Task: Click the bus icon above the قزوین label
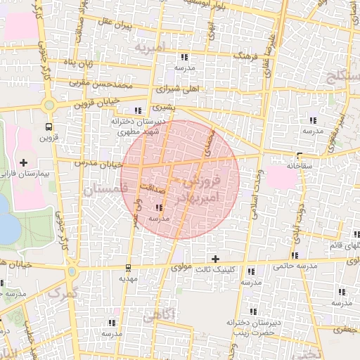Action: pyautogui.click(x=48, y=127)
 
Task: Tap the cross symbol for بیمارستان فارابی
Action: pyautogui.click(x=24, y=162)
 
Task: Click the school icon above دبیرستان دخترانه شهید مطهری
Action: pyautogui.click(x=137, y=110)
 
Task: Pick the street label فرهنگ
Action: pyautogui.click(x=230, y=54)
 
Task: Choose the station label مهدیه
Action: pyautogui.click(x=127, y=278)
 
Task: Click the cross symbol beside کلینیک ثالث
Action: pyautogui.click(x=215, y=259)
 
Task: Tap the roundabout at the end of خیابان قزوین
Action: pyautogui.click(x=49, y=106)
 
